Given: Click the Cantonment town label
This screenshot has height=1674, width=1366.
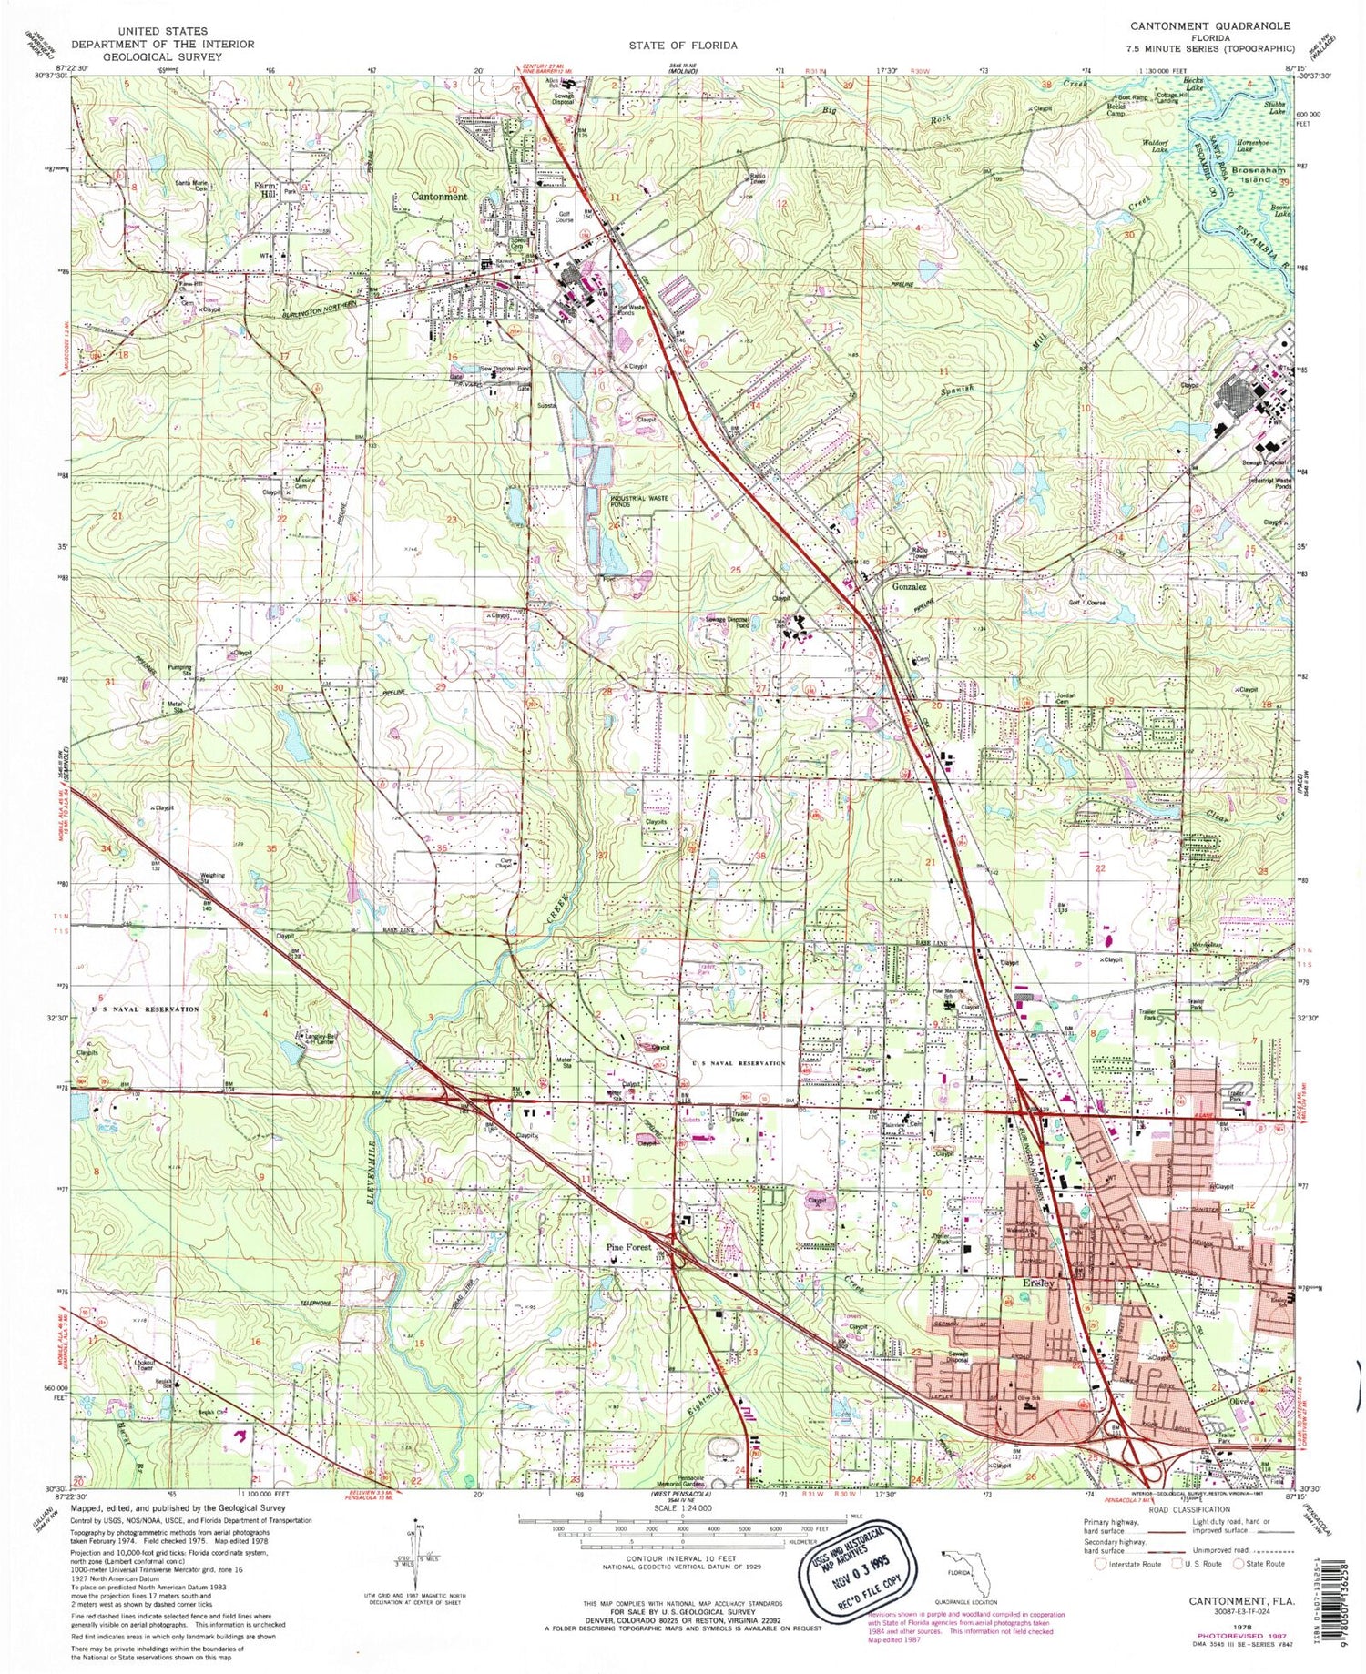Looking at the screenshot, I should (x=439, y=197).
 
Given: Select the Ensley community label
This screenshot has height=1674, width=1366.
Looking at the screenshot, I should (x=1037, y=1283).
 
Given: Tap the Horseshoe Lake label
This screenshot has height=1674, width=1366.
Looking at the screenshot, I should (x=1259, y=148).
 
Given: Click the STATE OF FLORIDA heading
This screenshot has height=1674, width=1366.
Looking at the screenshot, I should (x=682, y=45).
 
